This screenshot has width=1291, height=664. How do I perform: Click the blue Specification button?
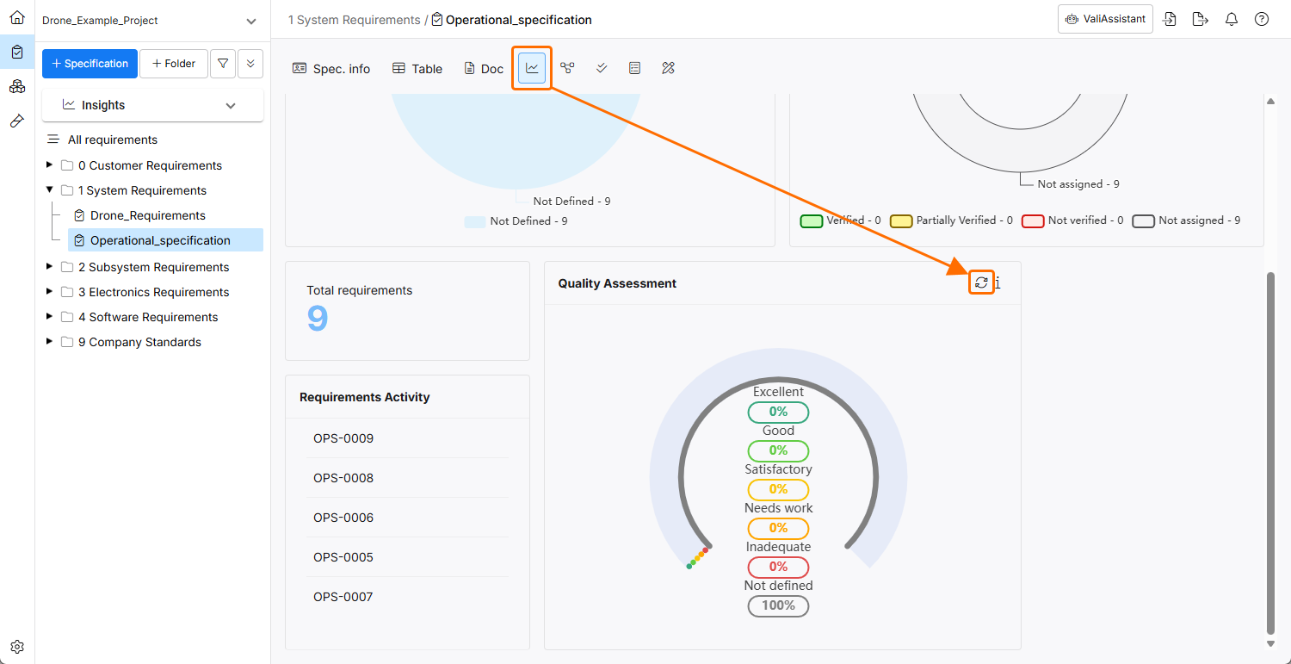(90, 64)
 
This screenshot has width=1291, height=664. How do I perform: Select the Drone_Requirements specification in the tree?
(147, 215)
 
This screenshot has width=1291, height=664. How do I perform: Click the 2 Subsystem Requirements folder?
(153, 267)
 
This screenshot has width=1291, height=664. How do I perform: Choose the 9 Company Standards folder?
(145, 342)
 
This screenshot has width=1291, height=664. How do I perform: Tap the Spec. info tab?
(331, 69)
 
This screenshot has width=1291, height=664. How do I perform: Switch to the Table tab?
(417, 69)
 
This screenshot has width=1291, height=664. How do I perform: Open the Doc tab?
(484, 69)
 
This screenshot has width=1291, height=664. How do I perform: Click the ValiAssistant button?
(1105, 19)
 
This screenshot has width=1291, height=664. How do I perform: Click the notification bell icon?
(1232, 19)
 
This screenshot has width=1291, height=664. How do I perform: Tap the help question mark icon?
(1262, 19)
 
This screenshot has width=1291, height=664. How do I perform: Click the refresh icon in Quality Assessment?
(981, 282)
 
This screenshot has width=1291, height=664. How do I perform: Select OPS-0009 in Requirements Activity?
(343, 438)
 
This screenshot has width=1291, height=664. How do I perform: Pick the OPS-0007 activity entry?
(343, 597)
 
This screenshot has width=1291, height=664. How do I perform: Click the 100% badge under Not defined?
(778, 605)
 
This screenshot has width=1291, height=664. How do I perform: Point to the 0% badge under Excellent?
(778, 412)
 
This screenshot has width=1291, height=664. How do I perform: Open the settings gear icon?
(17, 647)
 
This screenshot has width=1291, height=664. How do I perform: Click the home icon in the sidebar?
(17, 17)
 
